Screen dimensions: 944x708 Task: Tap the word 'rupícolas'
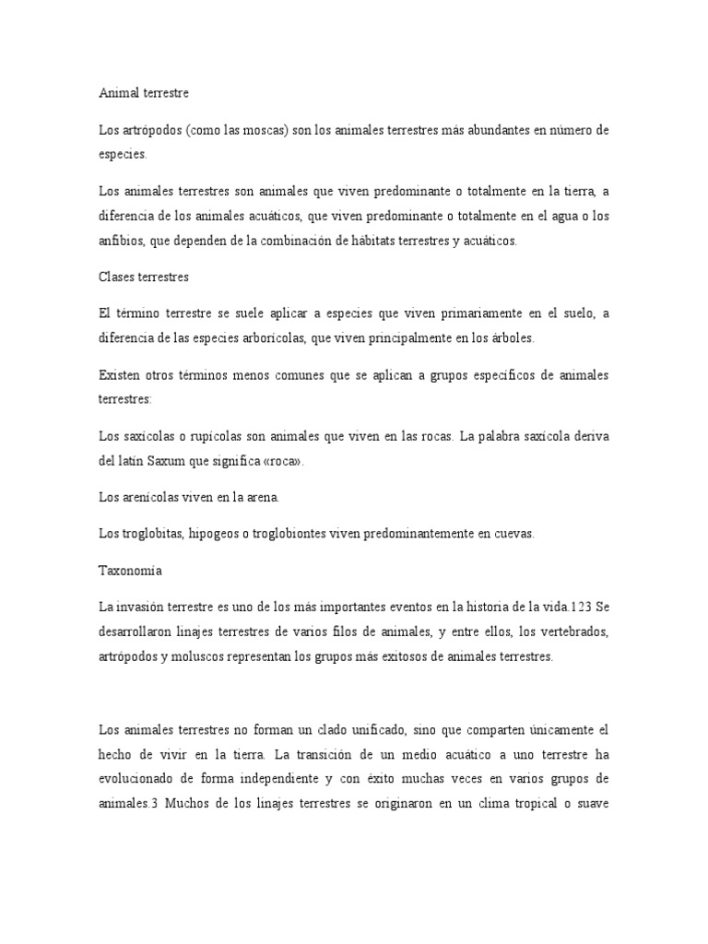(199, 436)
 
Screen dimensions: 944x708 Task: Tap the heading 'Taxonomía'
(130, 571)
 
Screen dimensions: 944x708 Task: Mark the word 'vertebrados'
(568, 631)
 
